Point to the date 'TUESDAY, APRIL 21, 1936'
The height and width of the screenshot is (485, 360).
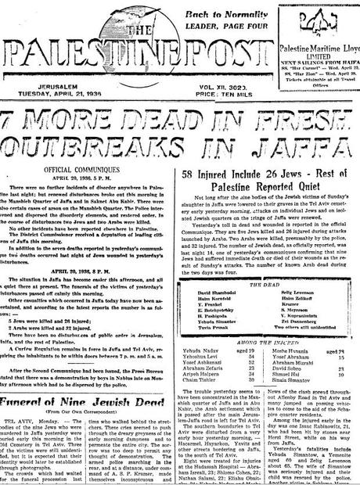pos(62,88)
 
